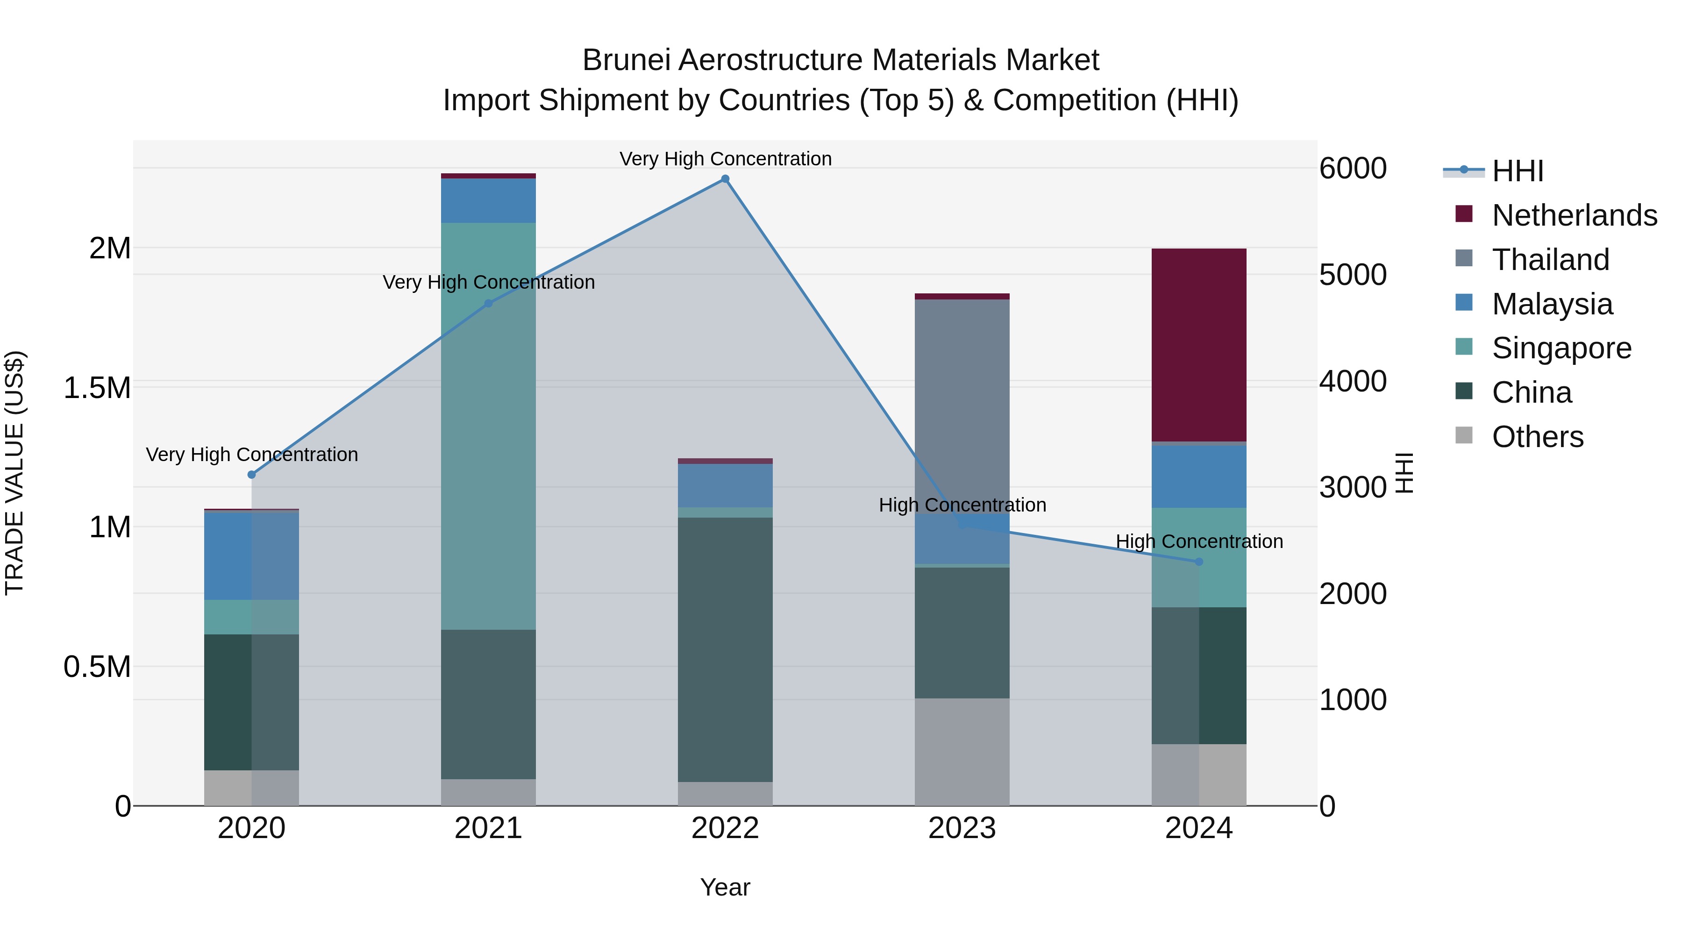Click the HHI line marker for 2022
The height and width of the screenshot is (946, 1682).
pos(725,179)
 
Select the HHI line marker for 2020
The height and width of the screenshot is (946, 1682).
pos(251,475)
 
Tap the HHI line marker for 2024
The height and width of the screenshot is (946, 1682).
pos(1199,562)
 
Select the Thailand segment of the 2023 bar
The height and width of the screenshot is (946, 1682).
pos(962,405)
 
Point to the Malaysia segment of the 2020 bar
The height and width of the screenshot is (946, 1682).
pos(251,555)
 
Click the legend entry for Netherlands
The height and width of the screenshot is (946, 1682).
pos(1574,215)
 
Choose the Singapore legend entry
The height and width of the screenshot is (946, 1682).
pos(1561,348)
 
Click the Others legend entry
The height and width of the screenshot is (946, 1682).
pos(1537,437)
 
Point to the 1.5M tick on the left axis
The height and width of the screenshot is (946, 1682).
pos(97,388)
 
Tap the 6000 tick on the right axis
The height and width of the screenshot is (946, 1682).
pos(1353,169)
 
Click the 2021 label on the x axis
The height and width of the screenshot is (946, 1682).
pos(488,828)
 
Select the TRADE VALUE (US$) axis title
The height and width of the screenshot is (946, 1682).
pos(14,473)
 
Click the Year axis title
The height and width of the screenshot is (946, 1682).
pos(725,887)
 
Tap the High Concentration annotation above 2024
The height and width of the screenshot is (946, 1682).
pos(1199,541)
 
